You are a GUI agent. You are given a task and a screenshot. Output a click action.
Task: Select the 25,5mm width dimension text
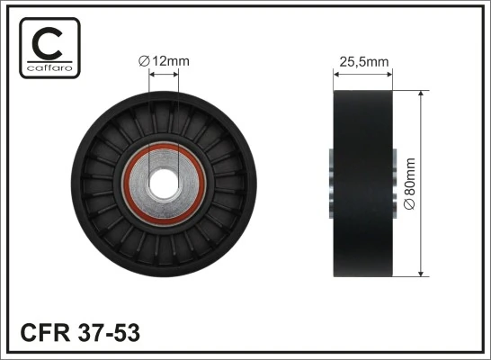coord(362,61)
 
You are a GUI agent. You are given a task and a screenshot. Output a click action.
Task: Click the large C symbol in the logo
coord(47,41)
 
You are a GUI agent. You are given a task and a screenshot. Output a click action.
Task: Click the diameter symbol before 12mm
coord(144,61)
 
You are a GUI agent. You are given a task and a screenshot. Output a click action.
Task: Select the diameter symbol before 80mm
coord(411,205)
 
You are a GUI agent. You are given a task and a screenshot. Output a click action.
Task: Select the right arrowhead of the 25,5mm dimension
coord(389,74)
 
